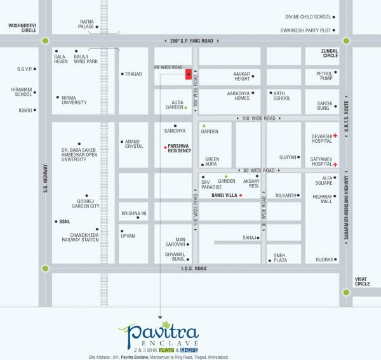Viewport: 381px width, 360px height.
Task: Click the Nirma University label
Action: (x=74, y=100)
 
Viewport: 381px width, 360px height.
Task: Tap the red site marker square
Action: (x=189, y=74)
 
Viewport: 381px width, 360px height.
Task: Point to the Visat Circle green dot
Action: (x=346, y=293)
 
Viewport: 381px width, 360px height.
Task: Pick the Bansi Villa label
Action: (x=224, y=196)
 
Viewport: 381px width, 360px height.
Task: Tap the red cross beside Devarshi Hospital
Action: (x=335, y=136)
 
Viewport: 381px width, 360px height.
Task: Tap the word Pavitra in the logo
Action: (x=159, y=331)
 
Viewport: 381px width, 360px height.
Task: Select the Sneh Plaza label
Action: (x=280, y=258)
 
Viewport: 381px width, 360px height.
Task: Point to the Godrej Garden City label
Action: (x=85, y=203)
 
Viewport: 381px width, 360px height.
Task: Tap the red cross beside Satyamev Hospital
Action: (x=335, y=164)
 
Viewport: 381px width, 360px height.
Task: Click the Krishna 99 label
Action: (x=134, y=213)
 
